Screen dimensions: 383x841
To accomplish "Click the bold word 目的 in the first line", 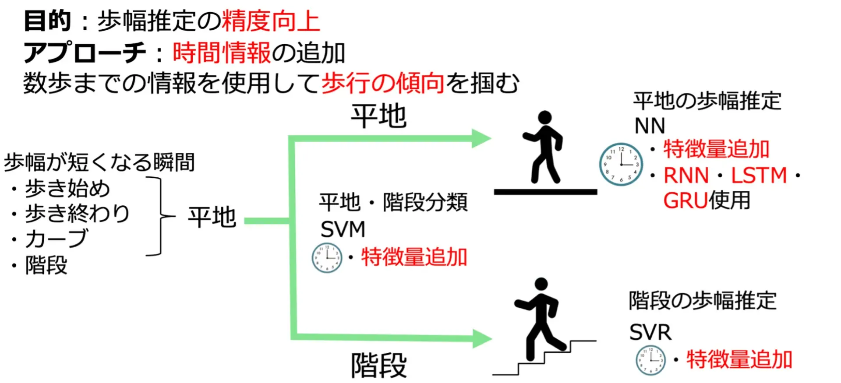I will [47, 21].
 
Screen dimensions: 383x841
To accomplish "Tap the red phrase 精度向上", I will [271, 21].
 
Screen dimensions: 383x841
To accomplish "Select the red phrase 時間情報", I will [222, 53].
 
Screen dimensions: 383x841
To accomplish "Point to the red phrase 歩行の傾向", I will [383, 83].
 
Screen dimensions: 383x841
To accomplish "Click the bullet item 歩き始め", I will [67, 189].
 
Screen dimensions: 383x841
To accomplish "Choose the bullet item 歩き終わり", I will [77, 214].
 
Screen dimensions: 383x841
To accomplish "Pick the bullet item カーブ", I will [57, 239].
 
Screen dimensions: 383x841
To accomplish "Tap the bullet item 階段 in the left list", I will [46, 265].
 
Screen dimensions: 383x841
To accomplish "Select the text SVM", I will [343, 229].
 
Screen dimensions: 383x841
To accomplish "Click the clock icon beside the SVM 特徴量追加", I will [327, 258].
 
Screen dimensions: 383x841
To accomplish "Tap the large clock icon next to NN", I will [621, 164].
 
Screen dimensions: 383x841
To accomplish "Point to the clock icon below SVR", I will [650, 360].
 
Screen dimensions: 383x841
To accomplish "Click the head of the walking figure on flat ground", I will [544, 117].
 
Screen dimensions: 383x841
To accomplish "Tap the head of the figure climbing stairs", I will [541, 284].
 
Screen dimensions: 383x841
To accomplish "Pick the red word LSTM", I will [759, 176].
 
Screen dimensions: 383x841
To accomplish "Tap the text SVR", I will [650, 332].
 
